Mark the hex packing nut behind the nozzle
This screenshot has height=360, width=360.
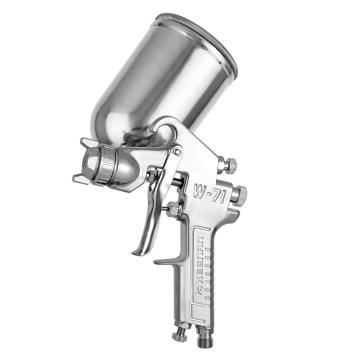pyautogui.click(x=151, y=173)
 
